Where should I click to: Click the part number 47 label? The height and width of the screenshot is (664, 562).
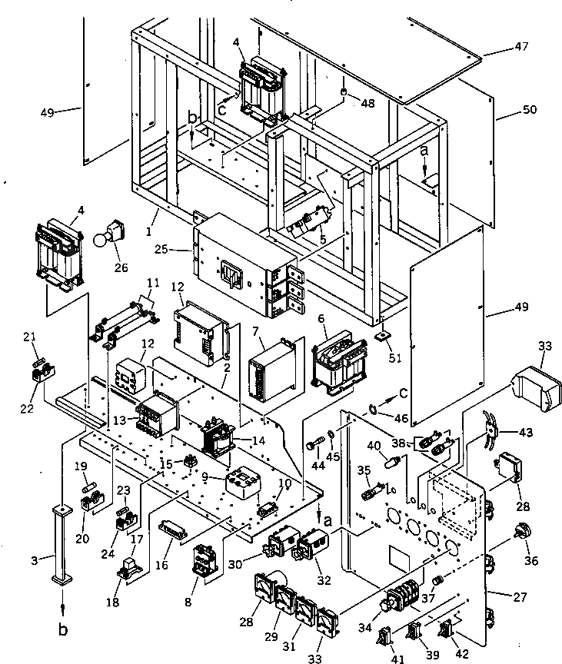tap(522, 47)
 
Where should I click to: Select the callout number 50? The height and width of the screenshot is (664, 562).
tap(530, 111)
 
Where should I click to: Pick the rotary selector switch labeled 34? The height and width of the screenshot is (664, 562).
tap(394, 600)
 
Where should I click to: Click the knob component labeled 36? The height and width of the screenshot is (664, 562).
tap(526, 533)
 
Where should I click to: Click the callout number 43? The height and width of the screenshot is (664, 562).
tap(526, 433)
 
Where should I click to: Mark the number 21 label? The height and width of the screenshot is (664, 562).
tap(29, 337)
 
